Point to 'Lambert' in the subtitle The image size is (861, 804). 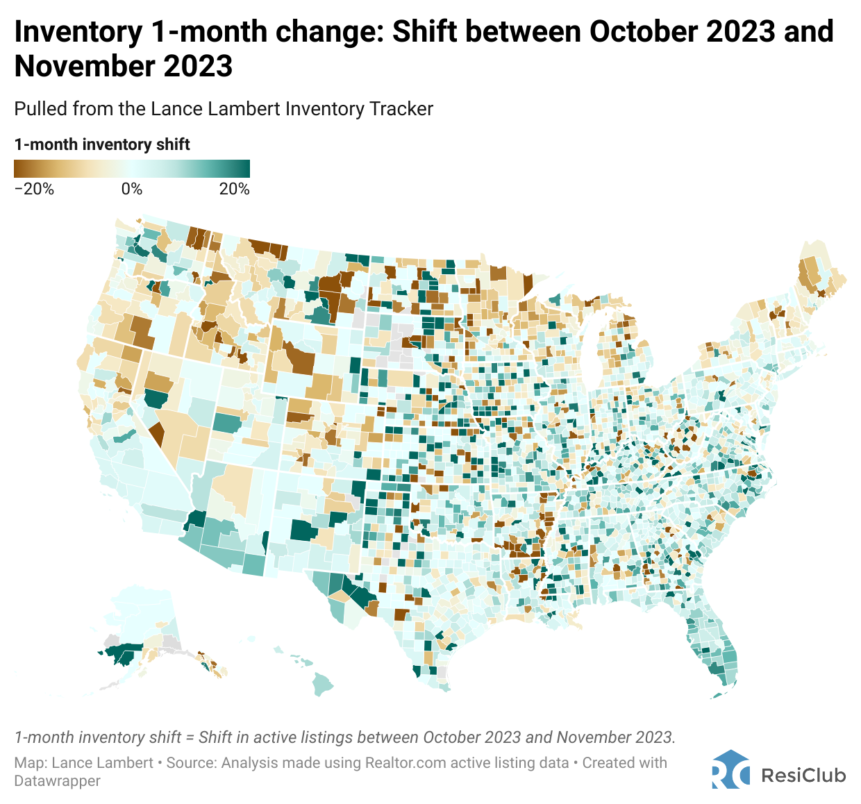point(250,109)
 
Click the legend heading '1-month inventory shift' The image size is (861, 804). point(102,144)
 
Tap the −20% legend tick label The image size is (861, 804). point(34,189)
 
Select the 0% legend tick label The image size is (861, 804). point(131,189)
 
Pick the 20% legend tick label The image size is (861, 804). point(234,189)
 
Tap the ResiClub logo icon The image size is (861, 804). point(730,769)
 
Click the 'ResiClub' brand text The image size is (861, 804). point(803,775)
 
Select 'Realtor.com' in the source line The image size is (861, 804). point(403,762)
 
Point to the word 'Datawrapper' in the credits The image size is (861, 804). point(58,780)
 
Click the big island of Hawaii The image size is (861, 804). point(322,683)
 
